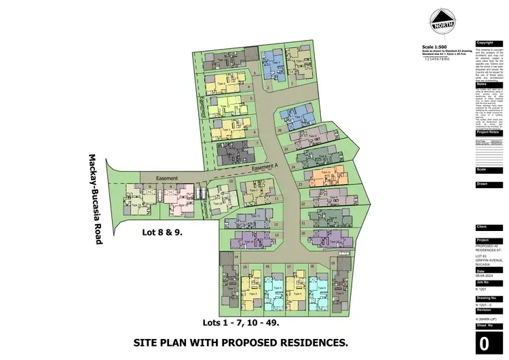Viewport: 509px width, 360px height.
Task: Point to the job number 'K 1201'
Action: point(483,289)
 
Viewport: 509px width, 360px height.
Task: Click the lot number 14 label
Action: point(235,257)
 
